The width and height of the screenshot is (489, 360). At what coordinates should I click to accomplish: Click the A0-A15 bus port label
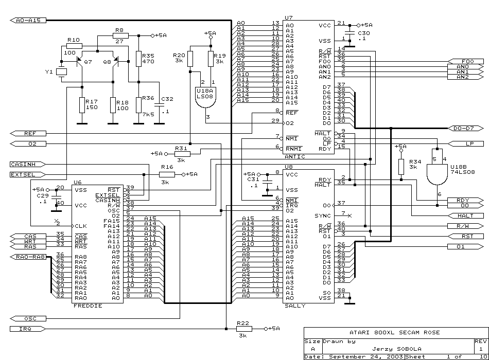[28, 20]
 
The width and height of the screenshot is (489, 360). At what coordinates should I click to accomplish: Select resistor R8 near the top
[120, 35]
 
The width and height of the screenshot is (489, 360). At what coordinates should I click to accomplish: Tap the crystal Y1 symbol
[61, 72]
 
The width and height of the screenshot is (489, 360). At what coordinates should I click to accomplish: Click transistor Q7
[80, 61]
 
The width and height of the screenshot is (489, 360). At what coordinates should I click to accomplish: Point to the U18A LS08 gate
[205, 97]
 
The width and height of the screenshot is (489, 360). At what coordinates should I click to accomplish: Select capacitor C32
[160, 105]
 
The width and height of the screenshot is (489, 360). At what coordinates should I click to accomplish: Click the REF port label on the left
[28, 133]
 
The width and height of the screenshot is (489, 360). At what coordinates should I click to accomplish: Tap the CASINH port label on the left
[28, 164]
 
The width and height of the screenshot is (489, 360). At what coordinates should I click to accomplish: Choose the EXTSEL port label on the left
[28, 174]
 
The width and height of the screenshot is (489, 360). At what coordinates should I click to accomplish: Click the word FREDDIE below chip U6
[88, 306]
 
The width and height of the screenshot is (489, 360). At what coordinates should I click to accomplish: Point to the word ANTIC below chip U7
[295, 156]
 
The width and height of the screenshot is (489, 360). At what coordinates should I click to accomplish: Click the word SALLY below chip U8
[295, 306]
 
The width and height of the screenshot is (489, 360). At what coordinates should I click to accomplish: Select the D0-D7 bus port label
[466, 128]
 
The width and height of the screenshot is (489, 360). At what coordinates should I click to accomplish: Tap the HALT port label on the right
[466, 215]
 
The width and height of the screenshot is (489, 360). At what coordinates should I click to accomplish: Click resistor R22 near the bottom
[244, 329]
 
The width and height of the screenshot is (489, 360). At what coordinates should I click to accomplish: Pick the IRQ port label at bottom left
[28, 329]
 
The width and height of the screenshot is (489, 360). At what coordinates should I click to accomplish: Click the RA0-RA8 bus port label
[28, 257]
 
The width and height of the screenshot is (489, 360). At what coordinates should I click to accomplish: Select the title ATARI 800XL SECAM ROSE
[394, 333]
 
